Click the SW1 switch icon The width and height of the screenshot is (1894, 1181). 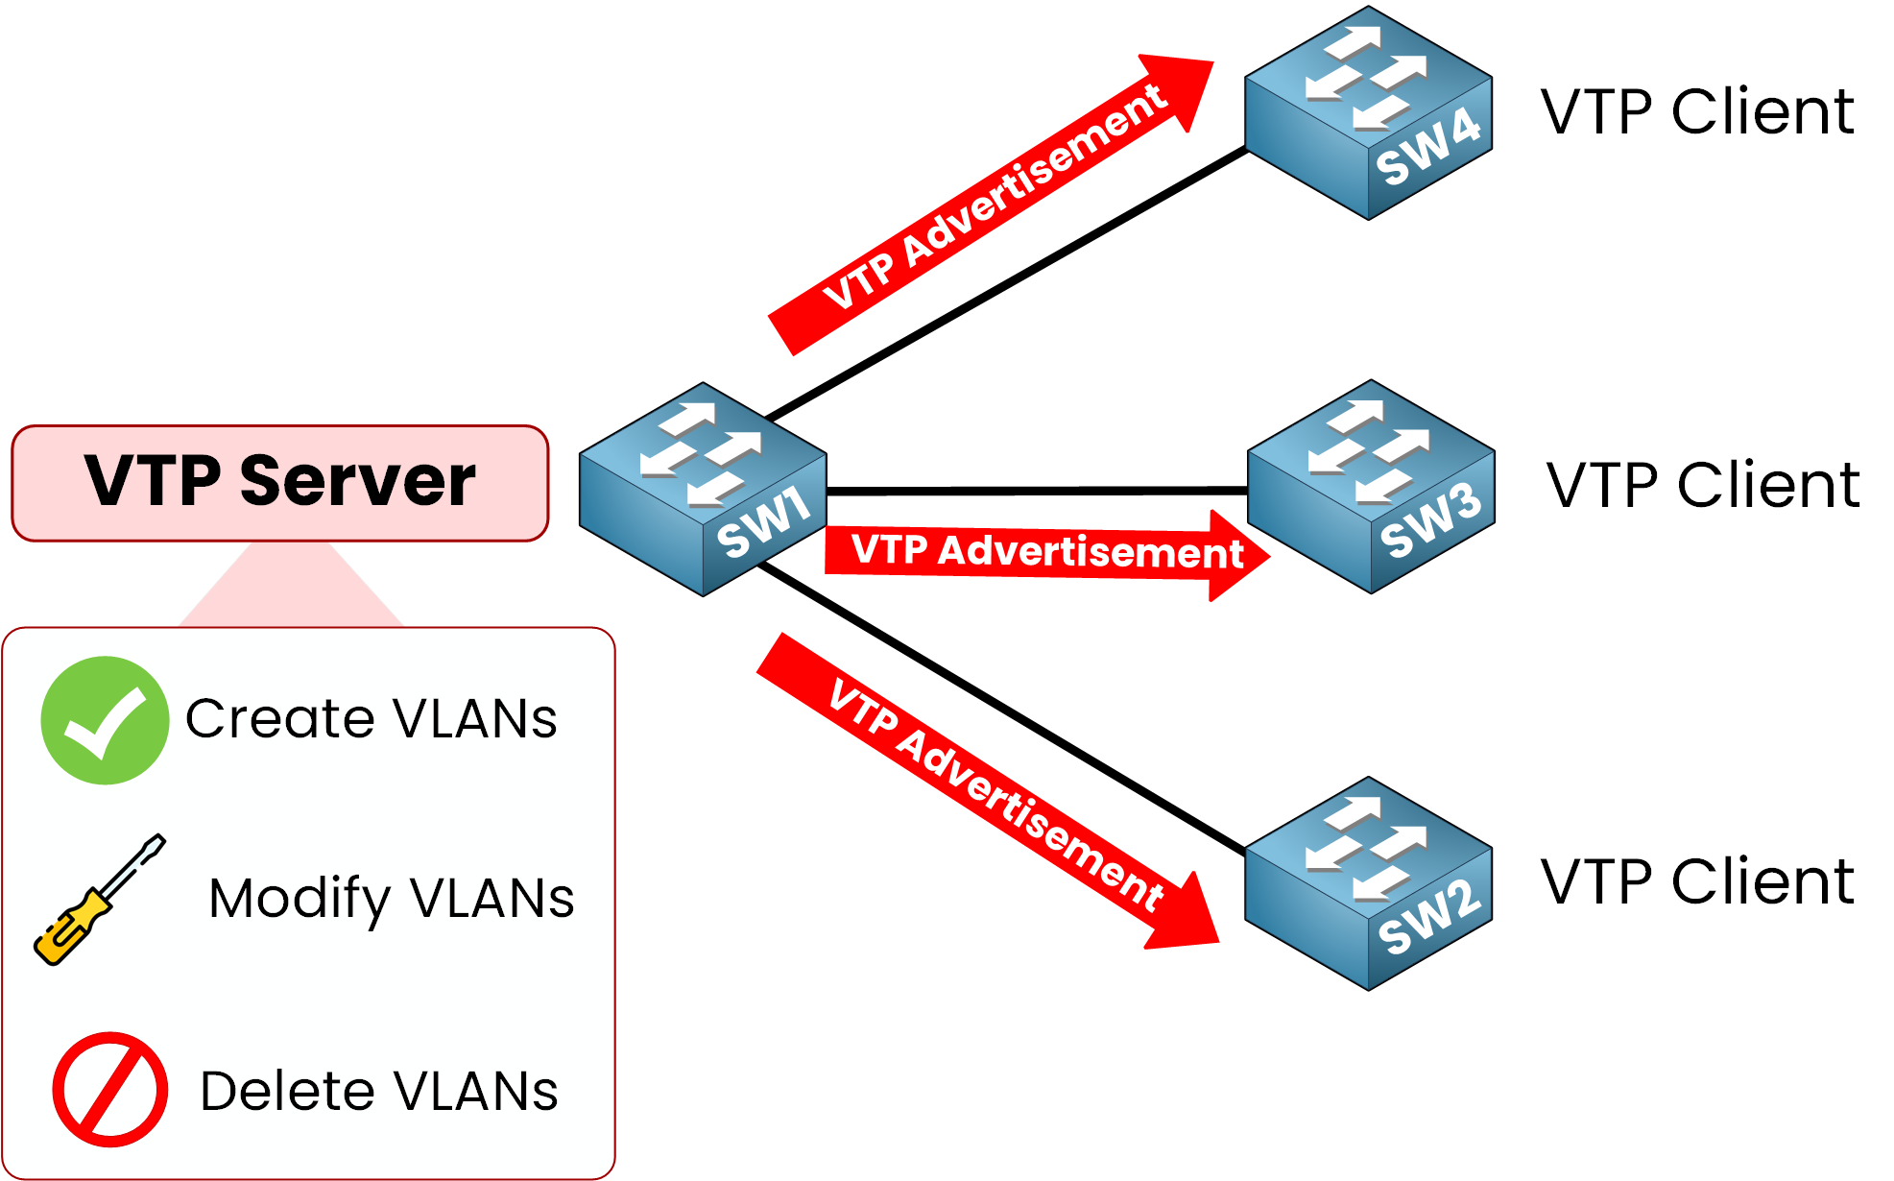coord(703,490)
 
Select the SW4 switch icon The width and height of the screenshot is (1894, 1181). coord(1368,113)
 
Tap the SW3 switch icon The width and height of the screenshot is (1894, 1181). coord(1371,487)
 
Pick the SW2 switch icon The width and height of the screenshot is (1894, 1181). coord(1368,883)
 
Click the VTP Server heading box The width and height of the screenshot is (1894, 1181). coord(280,483)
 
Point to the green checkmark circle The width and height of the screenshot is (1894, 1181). coord(105,720)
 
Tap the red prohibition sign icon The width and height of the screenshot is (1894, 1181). coord(110,1090)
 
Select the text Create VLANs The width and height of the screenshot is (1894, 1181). coord(371,719)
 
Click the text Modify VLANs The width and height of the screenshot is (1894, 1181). coord(392,899)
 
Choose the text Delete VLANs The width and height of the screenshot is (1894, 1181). coord(379,1091)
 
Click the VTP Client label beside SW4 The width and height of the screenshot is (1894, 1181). coord(1697,111)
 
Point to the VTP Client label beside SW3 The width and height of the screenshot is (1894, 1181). coord(1703,485)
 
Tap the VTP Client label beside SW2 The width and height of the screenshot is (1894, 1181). coord(1697,881)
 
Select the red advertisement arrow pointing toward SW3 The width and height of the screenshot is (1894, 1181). coord(1046,553)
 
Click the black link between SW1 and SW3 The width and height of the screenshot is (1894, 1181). coord(1037,491)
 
